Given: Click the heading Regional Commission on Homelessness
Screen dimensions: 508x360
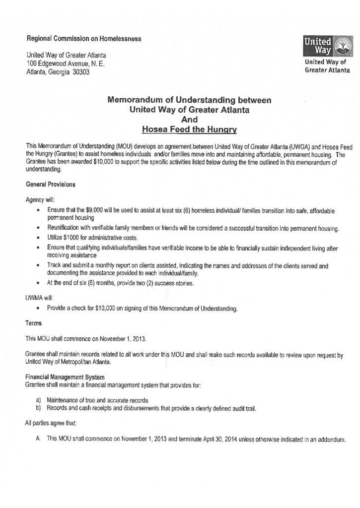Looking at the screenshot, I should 83,38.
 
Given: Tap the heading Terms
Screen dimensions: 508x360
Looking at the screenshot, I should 34,323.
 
